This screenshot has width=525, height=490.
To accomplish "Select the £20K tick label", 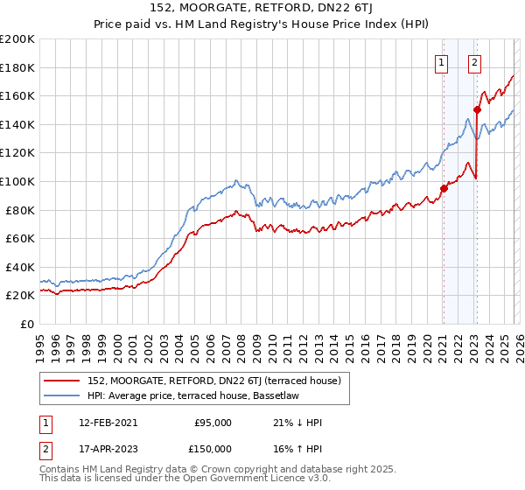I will (19, 296).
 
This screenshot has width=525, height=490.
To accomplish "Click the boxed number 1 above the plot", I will (443, 62).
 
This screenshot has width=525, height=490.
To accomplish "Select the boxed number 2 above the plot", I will (475, 62).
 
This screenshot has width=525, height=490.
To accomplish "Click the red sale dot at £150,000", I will (478, 109).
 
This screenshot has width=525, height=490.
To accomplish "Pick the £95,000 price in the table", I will (213, 423).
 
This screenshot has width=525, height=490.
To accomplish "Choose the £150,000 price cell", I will (213, 448).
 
